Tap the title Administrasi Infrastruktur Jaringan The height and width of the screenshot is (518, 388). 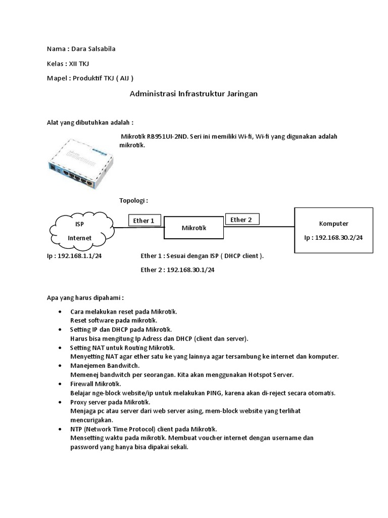pos(194,94)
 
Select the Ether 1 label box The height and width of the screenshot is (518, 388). pos(144,221)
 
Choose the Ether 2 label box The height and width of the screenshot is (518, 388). pos(241,220)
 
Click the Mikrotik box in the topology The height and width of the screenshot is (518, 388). pos(195,228)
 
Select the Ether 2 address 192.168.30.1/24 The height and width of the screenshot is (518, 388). pos(190,270)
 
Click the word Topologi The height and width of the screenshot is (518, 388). pos(133,200)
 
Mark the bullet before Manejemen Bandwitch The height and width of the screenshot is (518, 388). pos(60,365)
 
